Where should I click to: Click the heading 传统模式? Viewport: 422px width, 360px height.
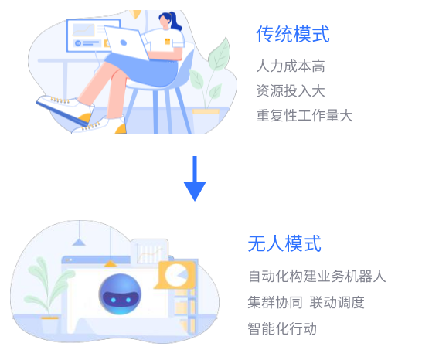293,34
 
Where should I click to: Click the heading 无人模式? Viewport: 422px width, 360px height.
284,243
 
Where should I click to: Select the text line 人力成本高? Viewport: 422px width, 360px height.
291,66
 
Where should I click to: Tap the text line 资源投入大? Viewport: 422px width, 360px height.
291,90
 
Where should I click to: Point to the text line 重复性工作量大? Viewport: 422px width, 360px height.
305,115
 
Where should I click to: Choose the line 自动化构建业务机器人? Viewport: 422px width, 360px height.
317,276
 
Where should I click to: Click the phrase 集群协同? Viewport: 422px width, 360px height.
275,302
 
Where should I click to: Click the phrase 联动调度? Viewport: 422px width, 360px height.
337,302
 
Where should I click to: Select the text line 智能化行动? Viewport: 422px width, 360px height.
282,328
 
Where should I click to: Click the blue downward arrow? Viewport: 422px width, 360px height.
195,178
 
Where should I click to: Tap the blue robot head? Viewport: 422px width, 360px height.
120,294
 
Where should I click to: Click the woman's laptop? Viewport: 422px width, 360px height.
127,43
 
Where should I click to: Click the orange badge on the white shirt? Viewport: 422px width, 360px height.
168,42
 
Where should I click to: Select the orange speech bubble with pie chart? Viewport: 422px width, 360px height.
175,274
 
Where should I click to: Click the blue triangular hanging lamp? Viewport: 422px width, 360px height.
79,242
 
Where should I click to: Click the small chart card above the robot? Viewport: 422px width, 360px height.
150,252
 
